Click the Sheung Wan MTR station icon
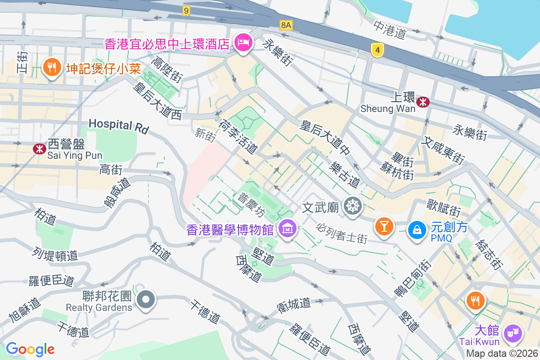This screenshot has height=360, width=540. click(x=423, y=102)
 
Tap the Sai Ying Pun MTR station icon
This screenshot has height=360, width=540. click(x=40, y=149)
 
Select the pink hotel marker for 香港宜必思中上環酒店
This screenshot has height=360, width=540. click(x=243, y=43)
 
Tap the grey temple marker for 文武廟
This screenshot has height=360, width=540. click(x=353, y=206)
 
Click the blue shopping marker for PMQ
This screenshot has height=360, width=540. click(x=417, y=230)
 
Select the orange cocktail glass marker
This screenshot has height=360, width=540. click(x=385, y=225)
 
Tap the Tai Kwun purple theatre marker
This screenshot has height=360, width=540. click(x=513, y=333)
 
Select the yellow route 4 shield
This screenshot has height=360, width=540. click(x=378, y=50)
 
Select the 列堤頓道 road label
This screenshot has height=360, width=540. click(x=55, y=253)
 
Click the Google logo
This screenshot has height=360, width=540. click(x=30, y=349)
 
